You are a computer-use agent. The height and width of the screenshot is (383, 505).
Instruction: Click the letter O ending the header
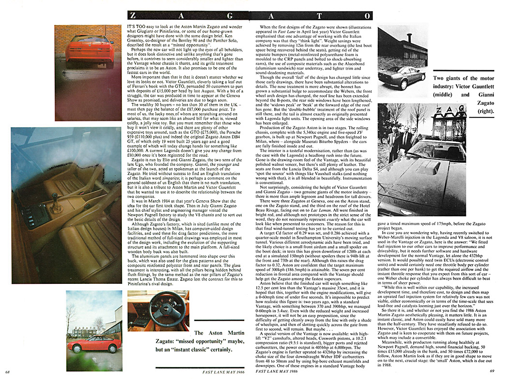(367, 16)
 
